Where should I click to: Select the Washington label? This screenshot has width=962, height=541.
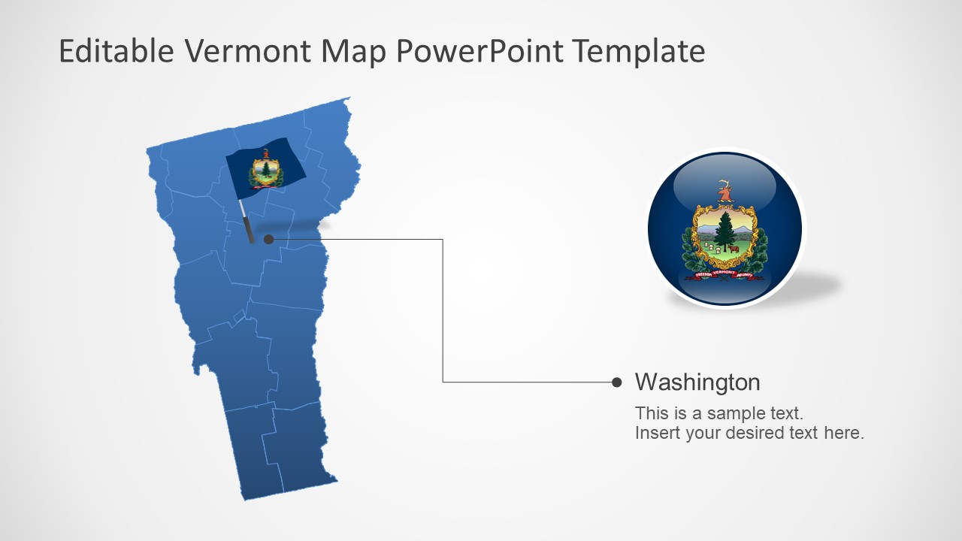pyautogui.click(x=697, y=382)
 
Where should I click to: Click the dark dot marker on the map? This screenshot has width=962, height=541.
pyautogui.click(x=269, y=239)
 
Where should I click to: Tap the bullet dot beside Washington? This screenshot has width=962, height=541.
pyautogui.click(x=617, y=382)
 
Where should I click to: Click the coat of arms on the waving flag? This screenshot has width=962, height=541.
pyautogui.click(x=265, y=170)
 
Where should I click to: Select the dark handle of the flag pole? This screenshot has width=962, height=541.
pyautogui.click(x=248, y=230)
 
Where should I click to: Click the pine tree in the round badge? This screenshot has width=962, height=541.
pyautogui.click(x=725, y=228)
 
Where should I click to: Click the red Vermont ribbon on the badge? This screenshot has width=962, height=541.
pyautogui.click(x=725, y=274)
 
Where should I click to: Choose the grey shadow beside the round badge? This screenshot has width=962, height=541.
pyautogui.click(x=819, y=286)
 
